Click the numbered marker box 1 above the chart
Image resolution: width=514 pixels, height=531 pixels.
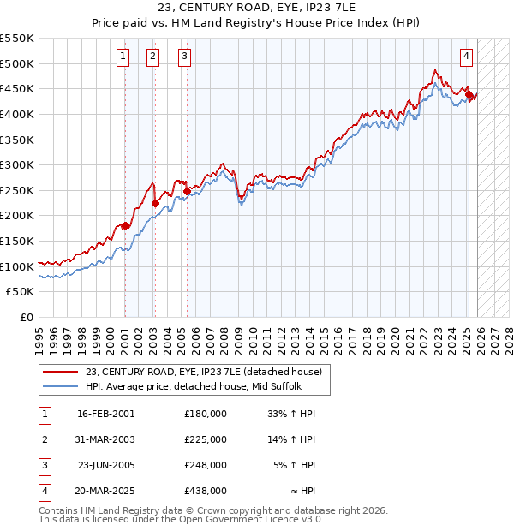(123, 57)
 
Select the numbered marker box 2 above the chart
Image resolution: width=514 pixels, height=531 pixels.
(153, 57)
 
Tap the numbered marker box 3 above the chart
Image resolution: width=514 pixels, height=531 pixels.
(185, 57)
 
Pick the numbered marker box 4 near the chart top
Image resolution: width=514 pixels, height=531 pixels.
(466, 57)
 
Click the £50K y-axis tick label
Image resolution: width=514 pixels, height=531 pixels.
(21, 292)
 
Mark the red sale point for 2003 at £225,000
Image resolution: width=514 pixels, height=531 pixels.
(156, 203)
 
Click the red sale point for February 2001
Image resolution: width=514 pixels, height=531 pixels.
(125, 226)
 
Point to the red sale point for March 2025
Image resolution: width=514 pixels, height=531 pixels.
(469, 94)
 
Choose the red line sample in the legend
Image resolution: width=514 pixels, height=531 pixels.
(61, 372)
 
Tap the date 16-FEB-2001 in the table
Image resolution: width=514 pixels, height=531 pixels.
(106, 413)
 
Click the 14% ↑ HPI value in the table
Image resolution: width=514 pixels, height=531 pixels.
(292, 439)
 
